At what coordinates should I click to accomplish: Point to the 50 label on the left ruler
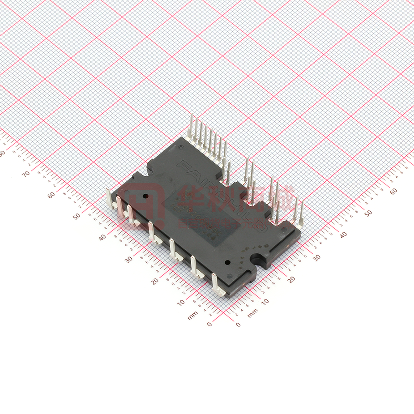pyautogui.click(x=77, y=216)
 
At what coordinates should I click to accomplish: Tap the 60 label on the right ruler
pyautogui.click(x=393, y=191)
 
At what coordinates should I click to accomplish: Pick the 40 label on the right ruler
pyautogui.click(x=343, y=235)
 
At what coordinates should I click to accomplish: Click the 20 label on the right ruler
pyautogui.click(x=291, y=278)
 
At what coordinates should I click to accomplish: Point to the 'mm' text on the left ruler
pyautogui.click(x=192, y=316)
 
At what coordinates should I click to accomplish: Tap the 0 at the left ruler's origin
pyautogui.click(x=209, y=324)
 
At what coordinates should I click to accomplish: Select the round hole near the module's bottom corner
pyautogui.click(x=227, y=263)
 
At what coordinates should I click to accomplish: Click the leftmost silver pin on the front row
pyautogui.click(x=109, y=196)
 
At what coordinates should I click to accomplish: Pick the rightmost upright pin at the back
pyautogui.click(x=301, y=210)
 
